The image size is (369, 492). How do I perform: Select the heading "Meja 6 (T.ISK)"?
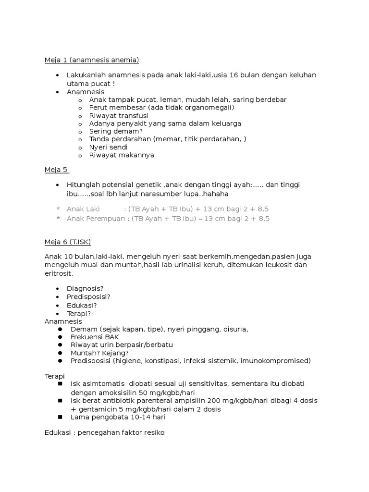67,242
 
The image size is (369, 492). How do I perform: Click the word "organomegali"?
211,108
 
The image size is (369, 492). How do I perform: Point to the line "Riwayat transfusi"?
119,116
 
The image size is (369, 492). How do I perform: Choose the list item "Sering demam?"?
116,131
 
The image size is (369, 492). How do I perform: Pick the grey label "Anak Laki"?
83,209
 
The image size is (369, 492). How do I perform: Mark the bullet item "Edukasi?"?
82,305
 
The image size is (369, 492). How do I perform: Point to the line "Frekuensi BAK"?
94,337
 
